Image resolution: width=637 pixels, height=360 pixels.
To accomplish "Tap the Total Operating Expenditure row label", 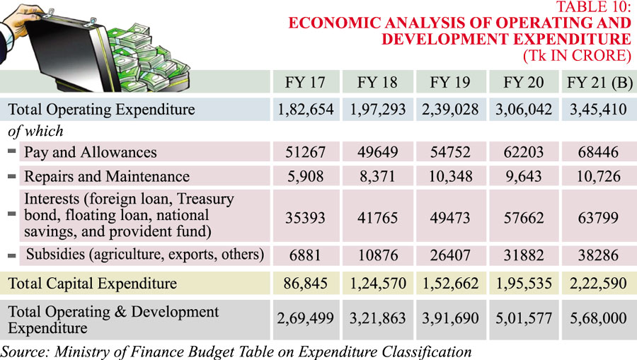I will (x=101, y=110).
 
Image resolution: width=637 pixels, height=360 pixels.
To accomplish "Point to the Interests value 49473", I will (x=450, y=217).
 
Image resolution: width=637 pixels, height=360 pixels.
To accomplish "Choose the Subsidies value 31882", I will (x=523, y=254).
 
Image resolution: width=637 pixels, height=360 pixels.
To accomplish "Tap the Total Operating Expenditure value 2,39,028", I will (x=450, y=110).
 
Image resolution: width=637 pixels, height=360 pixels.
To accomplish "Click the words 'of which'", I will (x=35, y=131).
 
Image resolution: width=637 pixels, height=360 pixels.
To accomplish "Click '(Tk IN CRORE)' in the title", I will (x=576, y=54).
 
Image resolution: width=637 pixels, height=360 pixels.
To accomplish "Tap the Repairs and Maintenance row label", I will (x=106, y=176).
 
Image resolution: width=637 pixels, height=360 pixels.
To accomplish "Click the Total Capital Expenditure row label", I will (x=93, y=284).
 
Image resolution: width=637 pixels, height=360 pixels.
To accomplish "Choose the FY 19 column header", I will (x=450, y=82).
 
